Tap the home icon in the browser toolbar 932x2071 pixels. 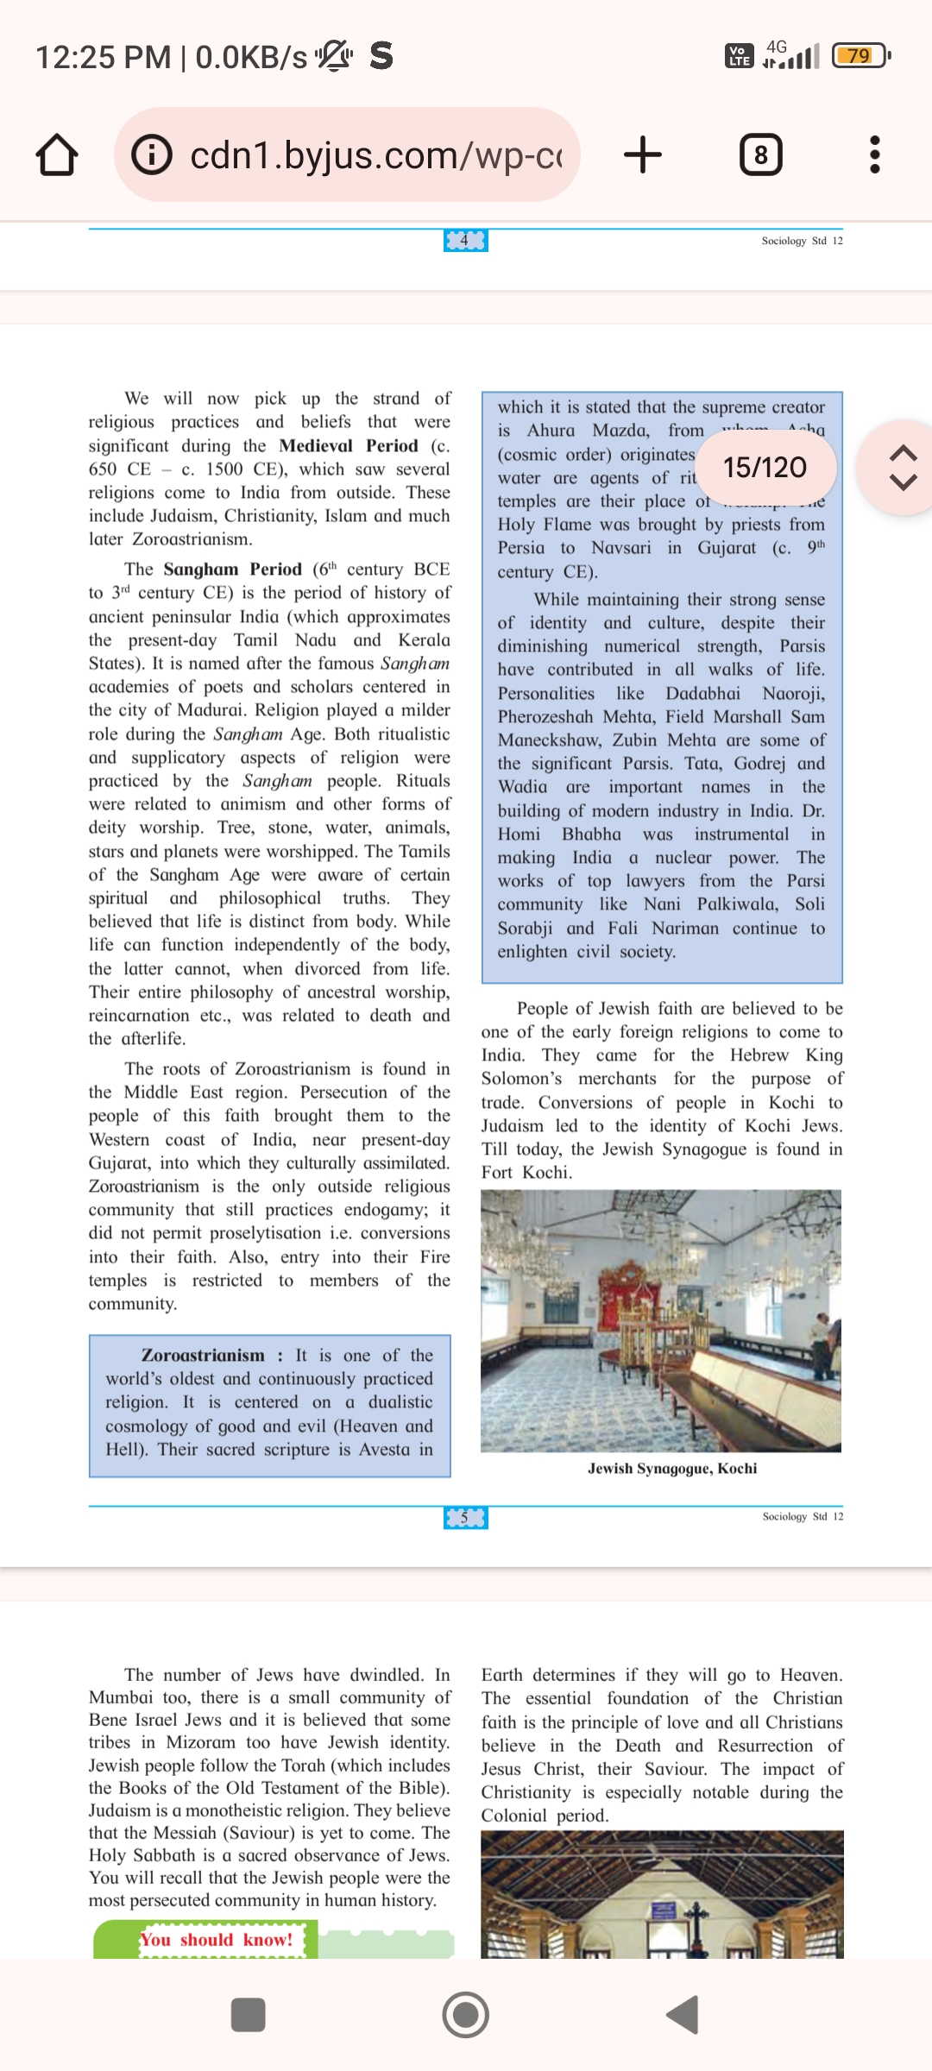[57, 155]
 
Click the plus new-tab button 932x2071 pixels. [643, 155]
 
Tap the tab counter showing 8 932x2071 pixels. [761, 155]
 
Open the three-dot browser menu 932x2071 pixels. [875, 155]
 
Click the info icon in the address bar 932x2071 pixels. [152, 155]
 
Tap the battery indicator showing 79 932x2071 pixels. [860, 56]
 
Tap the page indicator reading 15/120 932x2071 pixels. [765, 468]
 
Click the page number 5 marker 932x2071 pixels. [465, 1518]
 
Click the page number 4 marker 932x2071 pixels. [465, 241]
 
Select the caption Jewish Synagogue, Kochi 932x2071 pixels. [672, 1469]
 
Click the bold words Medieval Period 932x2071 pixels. [348, 446]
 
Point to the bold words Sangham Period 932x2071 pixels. [232, 570]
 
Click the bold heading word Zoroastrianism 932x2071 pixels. [203, 1356]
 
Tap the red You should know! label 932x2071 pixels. [217, 1940]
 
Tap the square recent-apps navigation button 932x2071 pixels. [249, 2015]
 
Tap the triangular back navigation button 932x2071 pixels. [683, 2015]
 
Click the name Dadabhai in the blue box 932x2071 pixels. [702, 694]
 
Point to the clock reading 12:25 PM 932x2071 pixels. [104, 58]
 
